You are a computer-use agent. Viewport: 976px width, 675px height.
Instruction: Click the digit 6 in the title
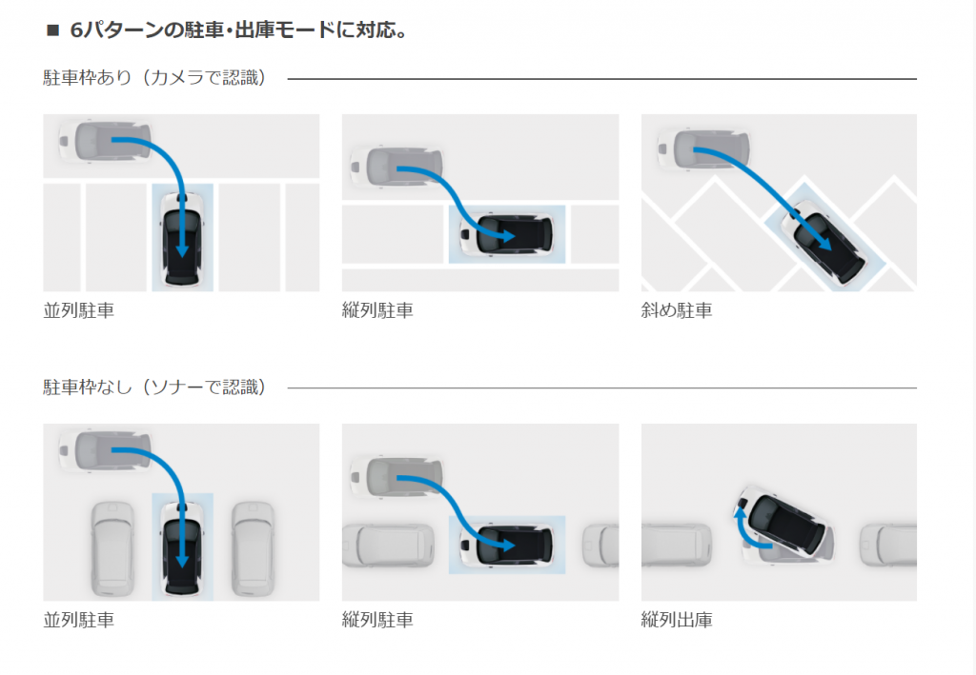tap(78, 30)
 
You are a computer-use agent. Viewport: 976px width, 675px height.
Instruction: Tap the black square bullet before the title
tap(52, 31)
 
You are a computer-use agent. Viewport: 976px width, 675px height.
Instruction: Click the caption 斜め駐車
tap(677, 310)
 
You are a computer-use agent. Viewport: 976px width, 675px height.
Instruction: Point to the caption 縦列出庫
tap(677, 621)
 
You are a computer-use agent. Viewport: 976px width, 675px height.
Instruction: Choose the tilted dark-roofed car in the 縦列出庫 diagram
tap(787, 521)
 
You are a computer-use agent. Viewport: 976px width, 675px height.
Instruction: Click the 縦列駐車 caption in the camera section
tap(377, 310)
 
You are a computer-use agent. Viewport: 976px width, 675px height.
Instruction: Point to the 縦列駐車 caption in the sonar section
tap(377, 621)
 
